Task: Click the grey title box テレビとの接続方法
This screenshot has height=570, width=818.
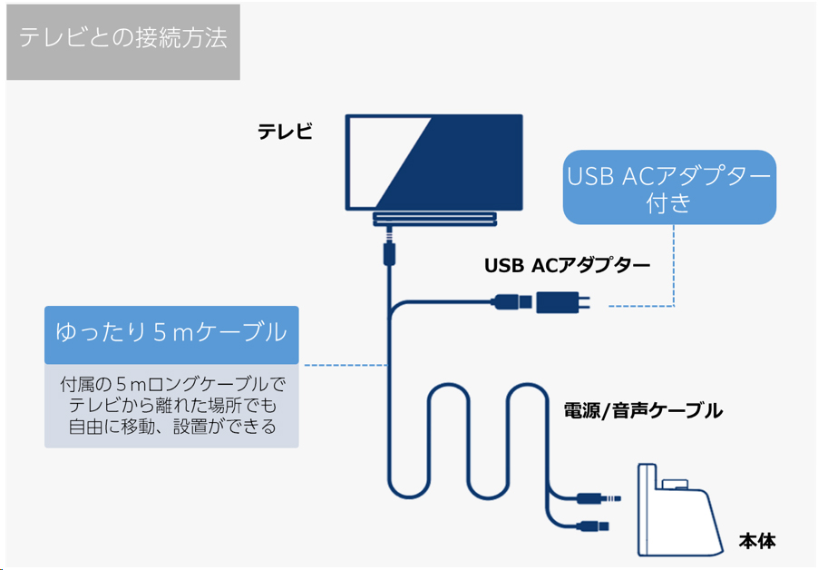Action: tap(123, 42)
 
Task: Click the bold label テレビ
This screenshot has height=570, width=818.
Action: tap(285, 131)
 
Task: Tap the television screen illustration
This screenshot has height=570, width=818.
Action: tap(434, 162)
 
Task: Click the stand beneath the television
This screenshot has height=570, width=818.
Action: tap(434, 219)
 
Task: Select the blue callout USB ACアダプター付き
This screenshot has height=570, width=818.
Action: tap(669, 187)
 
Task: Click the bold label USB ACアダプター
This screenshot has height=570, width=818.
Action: tap(567, 266)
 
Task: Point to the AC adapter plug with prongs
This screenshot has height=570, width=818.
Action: tap(563, 302)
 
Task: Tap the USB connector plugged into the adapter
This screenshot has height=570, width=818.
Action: tap(511, 301)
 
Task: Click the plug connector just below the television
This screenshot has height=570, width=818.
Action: tap(389, 250)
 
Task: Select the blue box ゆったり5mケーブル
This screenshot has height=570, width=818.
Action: tap(171, 335)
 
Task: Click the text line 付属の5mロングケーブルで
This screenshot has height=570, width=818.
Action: tap(172, 385)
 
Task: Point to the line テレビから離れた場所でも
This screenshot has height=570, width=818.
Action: tap(172, 406)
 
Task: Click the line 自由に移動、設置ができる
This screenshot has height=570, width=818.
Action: tap(172, 427)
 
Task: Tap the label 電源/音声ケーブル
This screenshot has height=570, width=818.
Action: tap(643, 411)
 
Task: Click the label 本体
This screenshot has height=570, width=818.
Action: tap(757, 541)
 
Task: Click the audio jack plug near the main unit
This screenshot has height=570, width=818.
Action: tap(599, 499)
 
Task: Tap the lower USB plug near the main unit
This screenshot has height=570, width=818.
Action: tap(592, 526)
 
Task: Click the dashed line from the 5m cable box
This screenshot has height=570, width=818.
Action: tap(346, 365)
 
